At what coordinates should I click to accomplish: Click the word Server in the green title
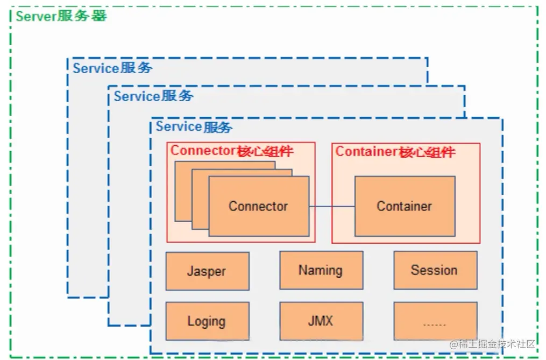tap(36, 16)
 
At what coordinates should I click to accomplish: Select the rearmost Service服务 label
tap(112, 68)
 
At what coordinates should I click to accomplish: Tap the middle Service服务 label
tap(153, 96)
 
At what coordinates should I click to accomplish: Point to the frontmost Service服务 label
tap(194, 127)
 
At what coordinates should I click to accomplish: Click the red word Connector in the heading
tap(203, 151)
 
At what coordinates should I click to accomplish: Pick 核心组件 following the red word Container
tap(427, 152)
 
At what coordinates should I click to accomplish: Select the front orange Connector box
tap(258, 206)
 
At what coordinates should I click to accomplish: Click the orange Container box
tap(404, 206)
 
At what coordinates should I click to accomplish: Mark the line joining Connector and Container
tap(331, 206)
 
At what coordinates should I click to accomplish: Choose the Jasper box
tap(207, 271)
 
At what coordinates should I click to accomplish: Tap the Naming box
tap(321, 270)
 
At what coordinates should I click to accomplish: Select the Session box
tap(435, 270)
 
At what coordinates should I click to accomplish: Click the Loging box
tap(207, 321)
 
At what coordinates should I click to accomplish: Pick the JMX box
tap(321, 321)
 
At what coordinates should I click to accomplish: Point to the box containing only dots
tap(435, 321)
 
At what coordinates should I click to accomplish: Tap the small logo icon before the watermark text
tap(453, 344)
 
